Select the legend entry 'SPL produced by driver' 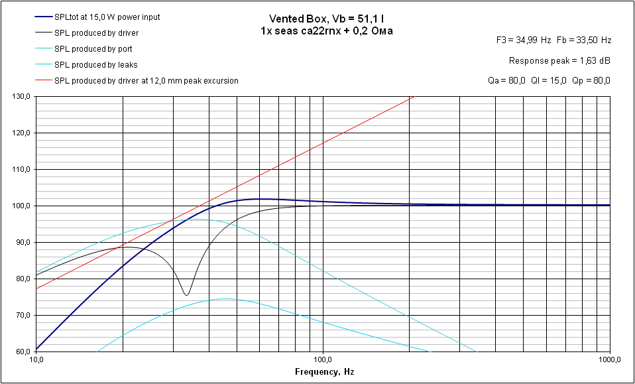(96, 32)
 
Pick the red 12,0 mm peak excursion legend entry (146, 80)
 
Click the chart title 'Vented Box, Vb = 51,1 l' (327, 19)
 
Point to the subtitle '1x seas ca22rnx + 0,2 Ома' (327, 31)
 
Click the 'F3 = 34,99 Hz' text (524, 40)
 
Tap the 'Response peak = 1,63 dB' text (559, 60)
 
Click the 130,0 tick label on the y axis (22, 97)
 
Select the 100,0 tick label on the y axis (22, 206)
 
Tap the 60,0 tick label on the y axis (23, 352)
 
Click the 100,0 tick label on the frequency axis (323, 360)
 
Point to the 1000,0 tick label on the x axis (608, 360)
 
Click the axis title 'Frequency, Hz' (324, 372)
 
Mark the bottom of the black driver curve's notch (187, 295)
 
